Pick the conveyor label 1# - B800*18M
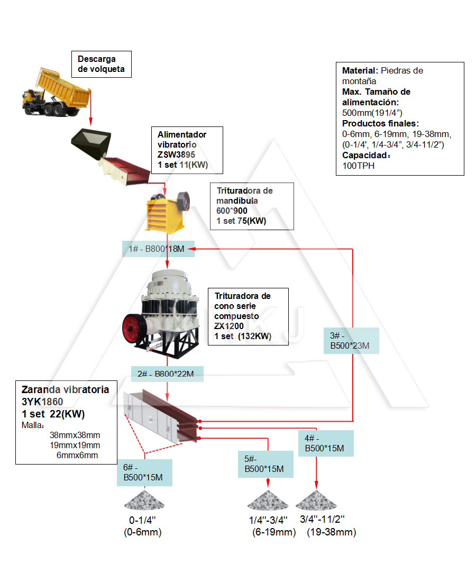click(x=159, y=249)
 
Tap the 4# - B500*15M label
click(x=325, y=443)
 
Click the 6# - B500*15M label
click(x=144, y=472)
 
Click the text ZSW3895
click(x=176, y=154)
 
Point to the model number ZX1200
click(x=229, y=326)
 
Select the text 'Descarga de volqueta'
click(x=101, y=64)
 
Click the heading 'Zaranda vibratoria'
click(x=65, y=390)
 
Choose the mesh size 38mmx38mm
click(x=75, y=435)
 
